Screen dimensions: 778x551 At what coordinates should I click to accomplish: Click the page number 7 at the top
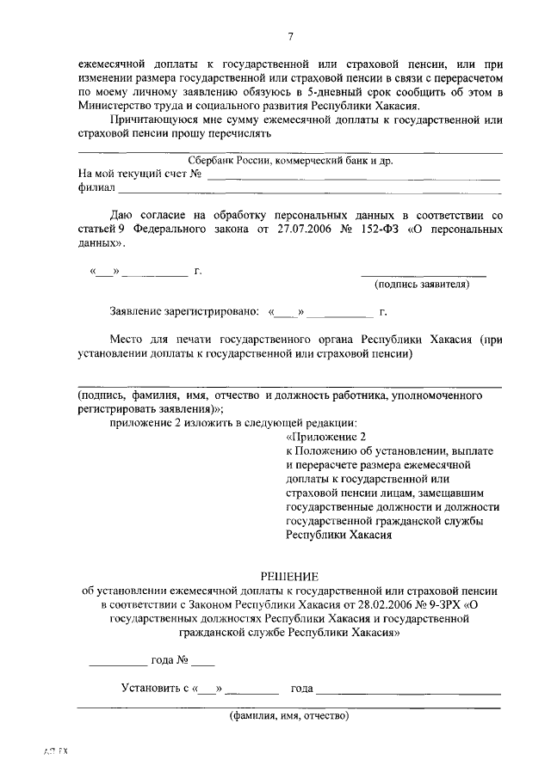290,35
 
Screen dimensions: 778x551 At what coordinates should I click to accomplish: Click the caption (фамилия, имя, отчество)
288,715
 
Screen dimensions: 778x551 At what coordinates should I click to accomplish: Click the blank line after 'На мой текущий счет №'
353,178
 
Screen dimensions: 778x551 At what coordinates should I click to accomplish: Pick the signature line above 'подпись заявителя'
423,275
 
